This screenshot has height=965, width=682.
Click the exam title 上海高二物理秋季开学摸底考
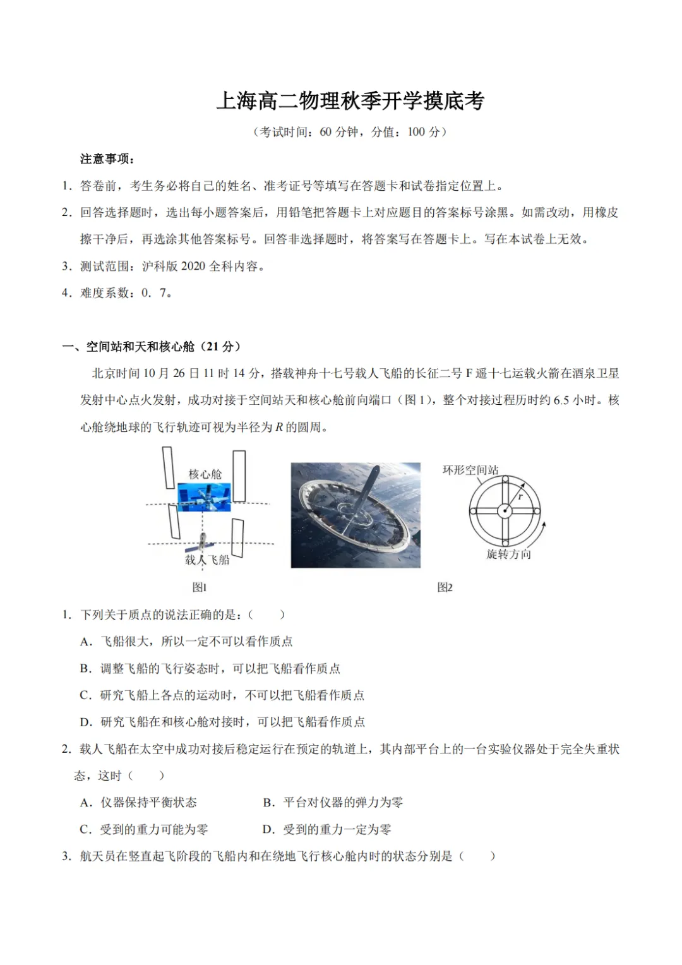350,102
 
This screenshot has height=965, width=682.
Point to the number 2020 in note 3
193,267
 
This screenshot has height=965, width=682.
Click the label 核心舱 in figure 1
205,474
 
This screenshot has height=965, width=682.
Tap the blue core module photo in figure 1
204,497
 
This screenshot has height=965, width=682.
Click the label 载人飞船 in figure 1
207,560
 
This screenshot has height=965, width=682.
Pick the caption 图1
200,587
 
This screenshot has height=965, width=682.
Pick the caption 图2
445,587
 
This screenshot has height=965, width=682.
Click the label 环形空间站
470,470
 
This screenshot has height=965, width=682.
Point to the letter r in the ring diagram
520,497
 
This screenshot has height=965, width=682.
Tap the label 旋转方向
508,554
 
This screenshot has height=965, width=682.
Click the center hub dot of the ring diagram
505,512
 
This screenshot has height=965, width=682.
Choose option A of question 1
186,642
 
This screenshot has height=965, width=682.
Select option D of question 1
222,722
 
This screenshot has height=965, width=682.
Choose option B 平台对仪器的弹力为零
333,802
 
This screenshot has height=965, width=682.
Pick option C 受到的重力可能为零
144,829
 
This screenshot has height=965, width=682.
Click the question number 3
66,856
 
